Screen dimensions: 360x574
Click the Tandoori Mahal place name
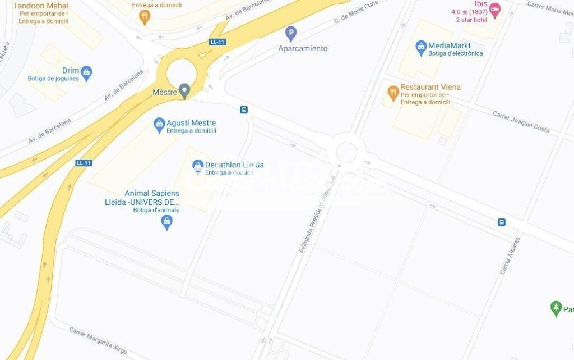click(40, 6)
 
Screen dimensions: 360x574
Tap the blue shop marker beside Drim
click(86, 71)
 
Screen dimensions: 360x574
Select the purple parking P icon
click(290, 34)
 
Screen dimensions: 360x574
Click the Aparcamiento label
click(303, 49)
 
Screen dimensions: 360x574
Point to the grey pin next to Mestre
click(184, 91)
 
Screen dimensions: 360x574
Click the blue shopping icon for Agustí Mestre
click(159, 125)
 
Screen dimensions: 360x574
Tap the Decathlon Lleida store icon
click(197, 166)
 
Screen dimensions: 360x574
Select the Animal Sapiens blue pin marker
click(166, 223)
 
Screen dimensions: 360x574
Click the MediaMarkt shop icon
click(421, 48)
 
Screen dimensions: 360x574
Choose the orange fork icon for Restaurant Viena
click(393, 91)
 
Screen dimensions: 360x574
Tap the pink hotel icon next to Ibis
click(494, 10)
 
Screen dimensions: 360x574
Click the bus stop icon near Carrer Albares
click(502, 222)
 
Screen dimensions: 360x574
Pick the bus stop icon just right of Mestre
click(244, 110)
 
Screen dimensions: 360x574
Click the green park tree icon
click(556, 308)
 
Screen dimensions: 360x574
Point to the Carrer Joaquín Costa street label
click(521, 121)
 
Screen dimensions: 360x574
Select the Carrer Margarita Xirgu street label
click(98, 340)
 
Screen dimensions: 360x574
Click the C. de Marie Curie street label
click(357, 12)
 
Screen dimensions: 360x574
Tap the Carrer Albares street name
click(510, 256)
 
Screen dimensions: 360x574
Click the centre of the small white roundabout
click(346, 153)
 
